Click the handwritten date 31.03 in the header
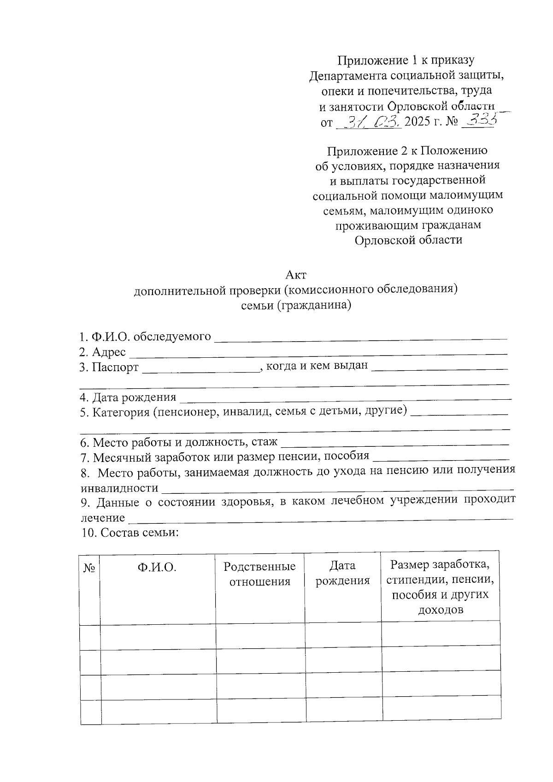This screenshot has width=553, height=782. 369,122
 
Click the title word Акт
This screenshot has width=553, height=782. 295,275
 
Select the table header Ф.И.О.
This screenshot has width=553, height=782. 157,568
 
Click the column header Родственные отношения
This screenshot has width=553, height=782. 259,574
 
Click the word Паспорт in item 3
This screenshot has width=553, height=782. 115,367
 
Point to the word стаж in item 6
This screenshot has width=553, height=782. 265,442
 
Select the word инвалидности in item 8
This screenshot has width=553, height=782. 119,488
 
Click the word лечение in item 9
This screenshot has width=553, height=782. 102,518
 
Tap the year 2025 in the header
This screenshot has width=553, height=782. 422,122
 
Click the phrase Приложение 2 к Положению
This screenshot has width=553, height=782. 407,151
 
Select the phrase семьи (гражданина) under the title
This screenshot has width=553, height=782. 295,305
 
